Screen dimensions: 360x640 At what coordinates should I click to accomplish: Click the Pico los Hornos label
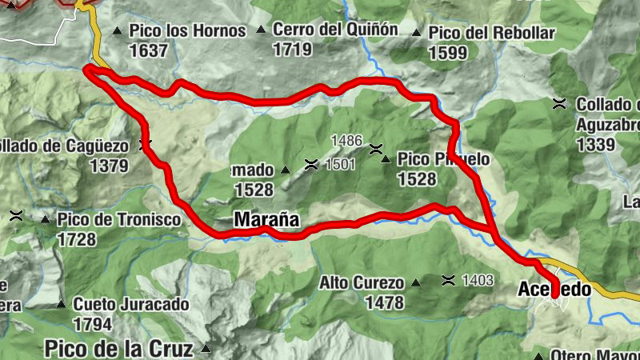(x=187, y=32)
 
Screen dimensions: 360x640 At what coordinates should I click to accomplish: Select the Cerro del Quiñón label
(x=335, y=30)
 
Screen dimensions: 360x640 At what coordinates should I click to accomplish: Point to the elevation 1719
(x=292, y=50)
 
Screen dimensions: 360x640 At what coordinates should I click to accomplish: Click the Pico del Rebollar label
(x=492, y=34)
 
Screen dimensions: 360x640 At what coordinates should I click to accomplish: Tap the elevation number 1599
(x=448, y=53)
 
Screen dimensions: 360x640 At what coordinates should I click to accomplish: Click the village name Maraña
(x=266, y=218)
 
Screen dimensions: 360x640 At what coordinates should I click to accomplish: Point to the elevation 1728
(x=77, y=239)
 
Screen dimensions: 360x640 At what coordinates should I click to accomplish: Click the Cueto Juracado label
(x=131, y=305)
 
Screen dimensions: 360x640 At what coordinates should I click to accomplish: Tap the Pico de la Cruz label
(x=118, y=349)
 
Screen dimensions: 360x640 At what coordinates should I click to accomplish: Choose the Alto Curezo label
(x=362, y=283)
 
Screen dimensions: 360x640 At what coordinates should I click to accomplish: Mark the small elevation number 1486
(x=346, y=141)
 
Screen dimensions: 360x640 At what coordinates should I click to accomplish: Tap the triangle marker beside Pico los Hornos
(x=117, y=32)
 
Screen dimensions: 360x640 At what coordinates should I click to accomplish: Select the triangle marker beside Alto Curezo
(x=415, y=283)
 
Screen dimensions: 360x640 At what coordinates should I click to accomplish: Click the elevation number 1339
(x=599, y=145)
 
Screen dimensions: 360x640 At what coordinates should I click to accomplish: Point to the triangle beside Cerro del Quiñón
(x=261, y=30)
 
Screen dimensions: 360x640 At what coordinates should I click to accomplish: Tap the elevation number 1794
(x=92, y=324)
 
